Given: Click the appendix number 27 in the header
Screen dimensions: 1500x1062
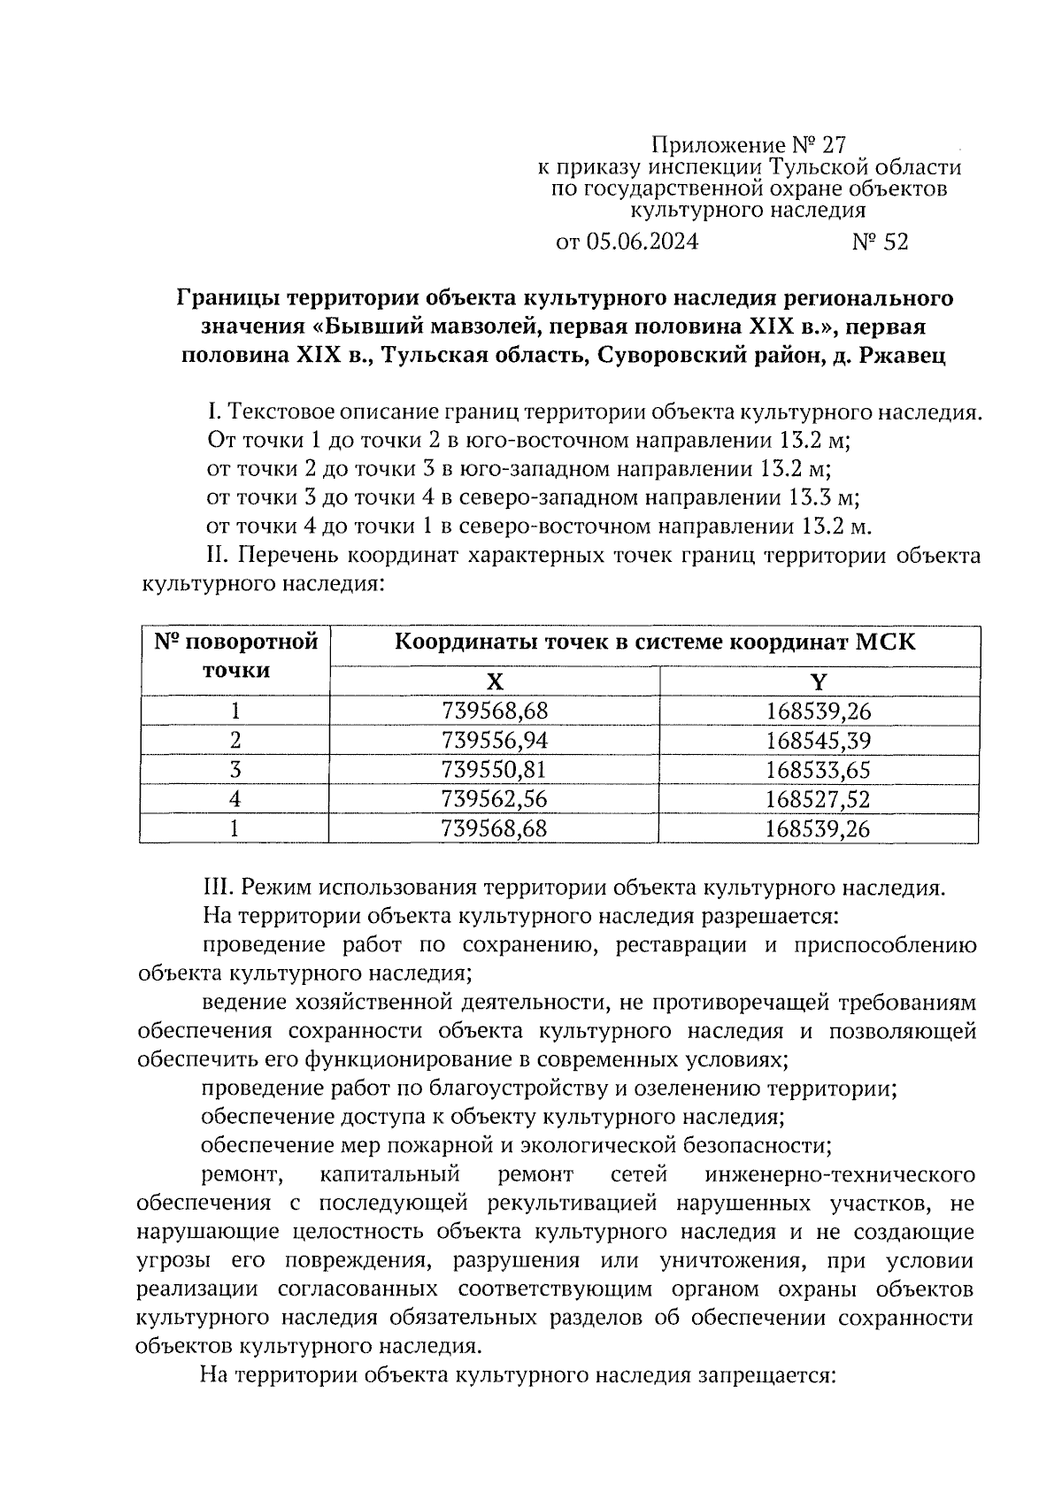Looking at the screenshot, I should tap(833, 144).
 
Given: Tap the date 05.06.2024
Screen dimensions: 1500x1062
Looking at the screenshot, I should tap(641, 242).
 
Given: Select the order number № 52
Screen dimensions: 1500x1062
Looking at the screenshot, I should tap(880, 242).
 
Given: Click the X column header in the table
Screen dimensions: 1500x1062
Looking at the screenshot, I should tap(494, 681).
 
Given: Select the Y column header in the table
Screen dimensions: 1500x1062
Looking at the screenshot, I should tap(819, 681).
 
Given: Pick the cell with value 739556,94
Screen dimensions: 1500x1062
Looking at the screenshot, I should tap(494, 740).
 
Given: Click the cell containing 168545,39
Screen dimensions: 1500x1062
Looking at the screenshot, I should tap(819, 740).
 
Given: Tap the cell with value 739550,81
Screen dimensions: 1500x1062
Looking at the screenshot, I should tap(494, 769).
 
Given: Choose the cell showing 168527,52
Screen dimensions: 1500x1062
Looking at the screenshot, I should tap(819, 799).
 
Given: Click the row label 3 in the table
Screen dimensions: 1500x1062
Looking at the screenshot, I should tap(235, 769).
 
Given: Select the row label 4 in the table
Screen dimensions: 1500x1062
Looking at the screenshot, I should tap(235, 799).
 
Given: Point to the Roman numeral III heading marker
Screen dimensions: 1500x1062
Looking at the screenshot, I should tap(217, 888).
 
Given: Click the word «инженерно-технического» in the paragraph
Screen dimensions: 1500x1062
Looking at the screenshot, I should tap(841, 1175).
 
